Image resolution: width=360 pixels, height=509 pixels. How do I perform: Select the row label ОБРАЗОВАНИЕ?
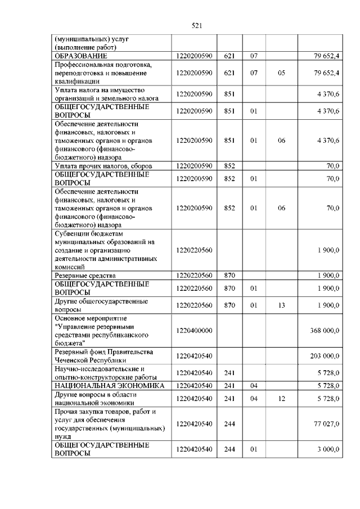[81, 56]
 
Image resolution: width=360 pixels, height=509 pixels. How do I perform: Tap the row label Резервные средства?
[84, 276]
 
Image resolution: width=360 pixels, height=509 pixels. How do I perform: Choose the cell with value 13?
[281, 305]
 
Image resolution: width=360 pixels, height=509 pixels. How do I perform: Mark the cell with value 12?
[281, 398]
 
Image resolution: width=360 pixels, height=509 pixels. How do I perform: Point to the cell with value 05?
[281, 73]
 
